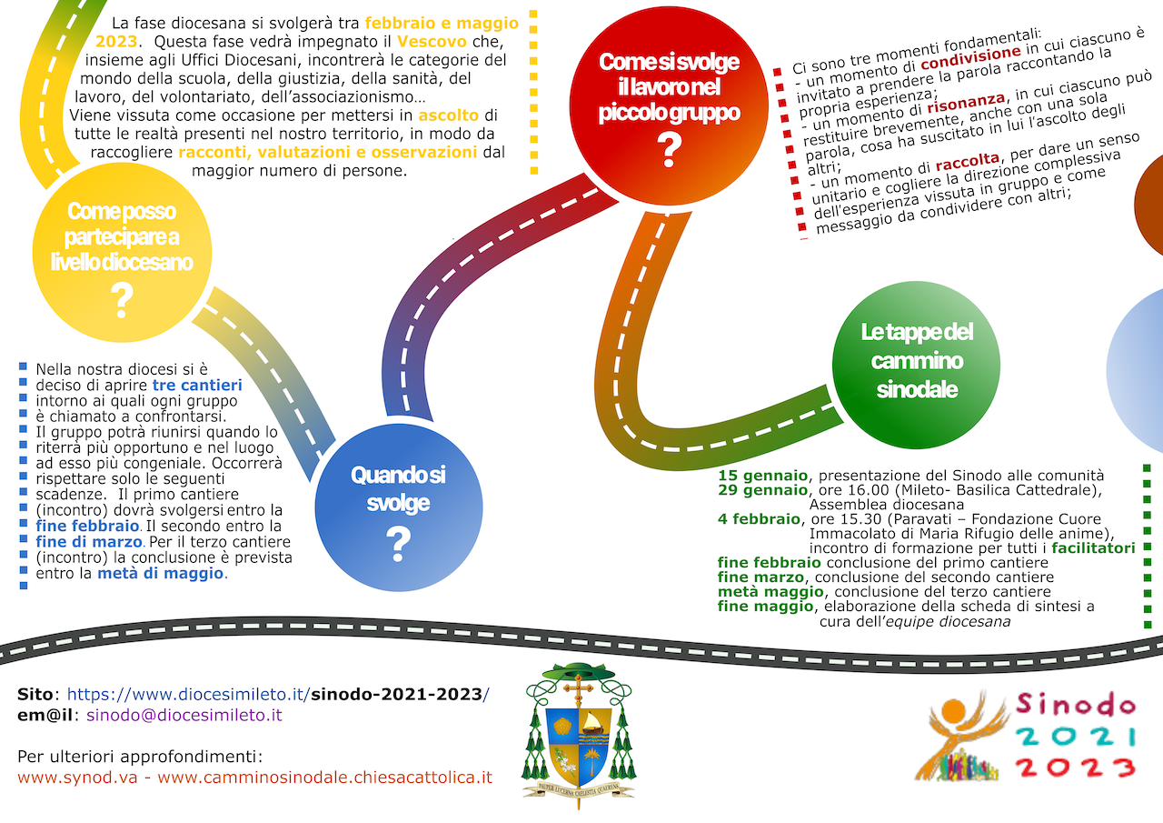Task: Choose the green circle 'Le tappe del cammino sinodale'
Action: tap(917, 360)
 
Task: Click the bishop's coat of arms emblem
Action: tap(579, 733)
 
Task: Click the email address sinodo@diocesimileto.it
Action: tap(184, 715)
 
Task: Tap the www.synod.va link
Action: tap(83, 778)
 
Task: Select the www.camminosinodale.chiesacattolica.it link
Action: tap(324, 778)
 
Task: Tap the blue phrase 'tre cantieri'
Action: tap(197, 386)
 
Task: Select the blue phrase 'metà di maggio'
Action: tap(160, 574)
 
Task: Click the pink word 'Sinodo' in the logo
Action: tap(1076, 704)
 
